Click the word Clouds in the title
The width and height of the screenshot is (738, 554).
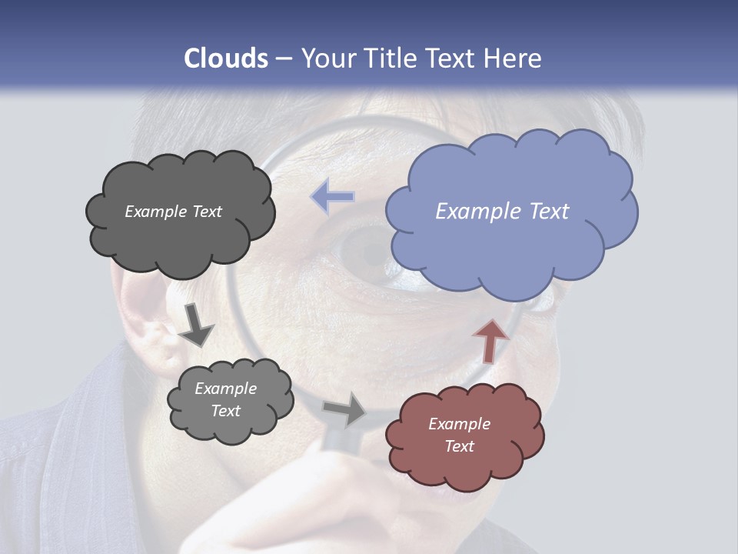[226, 58]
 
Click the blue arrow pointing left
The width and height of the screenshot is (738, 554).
[333, 197]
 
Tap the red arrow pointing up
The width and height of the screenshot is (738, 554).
[490, 340]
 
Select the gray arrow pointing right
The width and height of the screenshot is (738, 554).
[344, 409]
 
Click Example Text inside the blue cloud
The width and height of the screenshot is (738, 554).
[502, 212]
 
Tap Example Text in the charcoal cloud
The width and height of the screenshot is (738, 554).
[173, 212]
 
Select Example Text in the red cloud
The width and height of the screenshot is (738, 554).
[459, 435]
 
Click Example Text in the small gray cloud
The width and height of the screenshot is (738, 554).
[225, 399]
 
